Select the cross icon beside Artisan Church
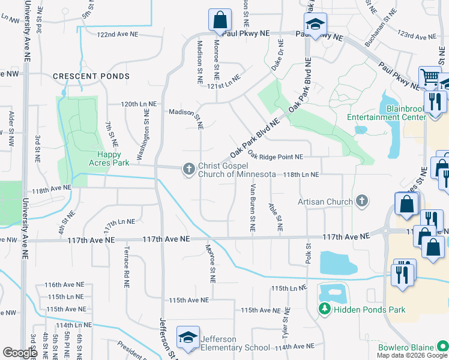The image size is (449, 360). [361, 202]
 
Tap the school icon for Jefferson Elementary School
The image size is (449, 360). [188, 338]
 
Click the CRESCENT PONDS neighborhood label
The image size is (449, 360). [91, 76]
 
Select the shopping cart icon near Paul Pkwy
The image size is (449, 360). [430, 77]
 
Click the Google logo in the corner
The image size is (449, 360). [20, 352]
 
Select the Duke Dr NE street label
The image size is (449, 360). [277, 56]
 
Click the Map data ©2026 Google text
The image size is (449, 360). [411, 355]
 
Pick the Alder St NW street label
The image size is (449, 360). [11, 129]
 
